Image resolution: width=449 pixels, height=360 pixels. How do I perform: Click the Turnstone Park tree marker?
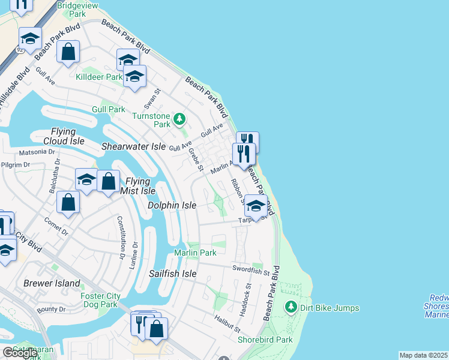[179, 119]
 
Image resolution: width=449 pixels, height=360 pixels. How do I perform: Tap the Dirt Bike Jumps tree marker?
[291, 307]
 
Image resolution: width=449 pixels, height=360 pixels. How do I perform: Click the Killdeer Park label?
[99, 77]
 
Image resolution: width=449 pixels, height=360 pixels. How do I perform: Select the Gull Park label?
[109, 109]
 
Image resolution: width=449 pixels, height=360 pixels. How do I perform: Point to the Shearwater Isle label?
[133, 146]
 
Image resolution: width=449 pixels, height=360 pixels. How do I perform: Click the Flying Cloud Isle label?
[59, 136]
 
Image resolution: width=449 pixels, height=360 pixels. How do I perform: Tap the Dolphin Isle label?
[172, 205]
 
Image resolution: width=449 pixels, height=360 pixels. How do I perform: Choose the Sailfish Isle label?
[173, 274]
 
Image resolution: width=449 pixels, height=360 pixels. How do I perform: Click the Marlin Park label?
[195, 253]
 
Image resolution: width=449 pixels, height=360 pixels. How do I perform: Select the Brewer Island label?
[52, 283]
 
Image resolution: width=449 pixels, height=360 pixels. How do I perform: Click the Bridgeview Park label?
[69, 9]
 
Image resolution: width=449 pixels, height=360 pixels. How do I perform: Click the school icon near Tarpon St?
[256, 206]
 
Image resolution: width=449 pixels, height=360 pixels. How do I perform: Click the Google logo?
[20, 353]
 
